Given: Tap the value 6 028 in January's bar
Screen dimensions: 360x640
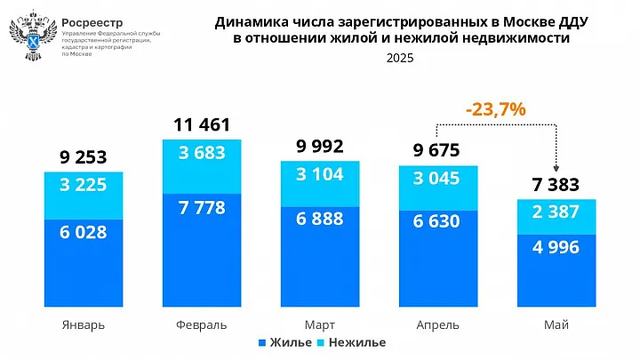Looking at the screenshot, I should tap(84, 232).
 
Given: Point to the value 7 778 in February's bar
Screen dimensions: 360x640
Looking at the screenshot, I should tap(202, 208).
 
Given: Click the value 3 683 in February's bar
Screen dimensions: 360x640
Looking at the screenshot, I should tap(202, 153).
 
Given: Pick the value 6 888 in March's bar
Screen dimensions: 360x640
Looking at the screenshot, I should tap(319, 219).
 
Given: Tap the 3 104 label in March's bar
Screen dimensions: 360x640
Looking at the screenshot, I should tap(319, 175).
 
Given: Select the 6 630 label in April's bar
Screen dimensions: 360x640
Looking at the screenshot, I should tap(436, 221).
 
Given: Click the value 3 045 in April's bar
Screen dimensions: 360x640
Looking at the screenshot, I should tap(436, 178).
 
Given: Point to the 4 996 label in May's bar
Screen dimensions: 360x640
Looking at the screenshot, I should tap(556, 246).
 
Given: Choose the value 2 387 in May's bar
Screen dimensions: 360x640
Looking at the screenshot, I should tap(556, 212).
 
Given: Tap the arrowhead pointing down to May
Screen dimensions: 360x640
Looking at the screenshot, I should tap(556, 169).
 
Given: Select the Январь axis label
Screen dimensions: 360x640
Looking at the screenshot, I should tap(84, 324).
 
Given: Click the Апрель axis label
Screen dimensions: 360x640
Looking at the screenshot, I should tap(436, 324).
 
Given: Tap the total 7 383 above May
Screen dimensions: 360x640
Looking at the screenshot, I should tap(556, 185).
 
